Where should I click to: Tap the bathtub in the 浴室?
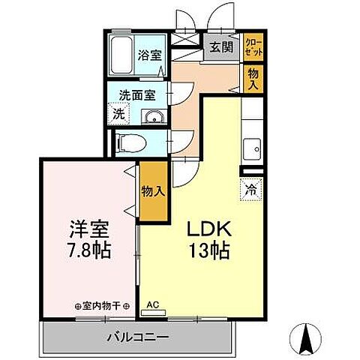pyautogui.click(x=121, y=53)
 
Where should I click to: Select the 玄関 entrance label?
pyautogui.click(x=220, y=48)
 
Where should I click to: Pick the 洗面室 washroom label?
pyautogui.click(x=136, y=95)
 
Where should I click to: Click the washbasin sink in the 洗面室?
pyautogui.click(x=155, y=115)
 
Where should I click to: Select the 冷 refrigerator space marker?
pyautogui.click(x=252, y=190)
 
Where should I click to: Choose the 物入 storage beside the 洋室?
pyautogui.click(x=153, y=191)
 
